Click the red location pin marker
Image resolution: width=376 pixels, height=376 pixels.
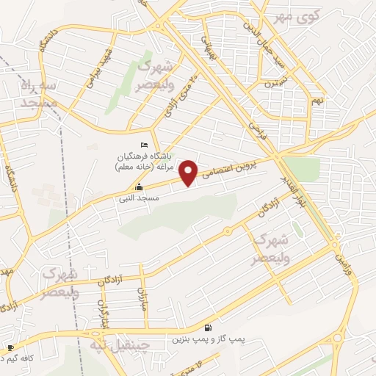tap(189, 173)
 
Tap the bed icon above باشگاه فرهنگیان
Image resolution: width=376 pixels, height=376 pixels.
tap(144, 145)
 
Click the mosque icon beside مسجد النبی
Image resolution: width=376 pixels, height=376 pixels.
tap(140, 187)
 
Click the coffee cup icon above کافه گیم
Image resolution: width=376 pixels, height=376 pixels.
tap(10, 347)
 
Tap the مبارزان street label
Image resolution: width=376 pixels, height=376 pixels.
tap(144, 297)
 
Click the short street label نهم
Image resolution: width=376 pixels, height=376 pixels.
tap(317, 99)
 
